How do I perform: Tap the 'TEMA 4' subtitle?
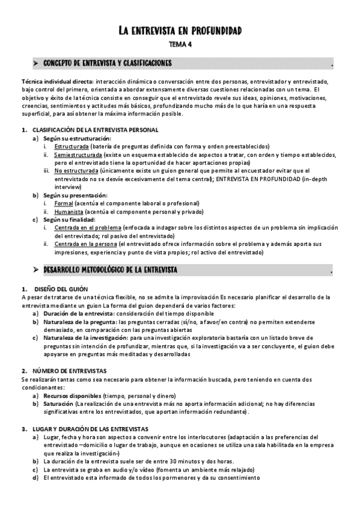point(180,45)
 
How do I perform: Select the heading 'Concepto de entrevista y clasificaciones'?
point(108,63)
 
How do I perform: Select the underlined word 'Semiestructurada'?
point(78,155)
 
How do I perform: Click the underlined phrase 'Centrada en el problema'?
point(88,228)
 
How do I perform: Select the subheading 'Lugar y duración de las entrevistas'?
point(90,428)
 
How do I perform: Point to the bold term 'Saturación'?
point(59,404)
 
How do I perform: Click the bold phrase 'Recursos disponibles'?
point(72,395)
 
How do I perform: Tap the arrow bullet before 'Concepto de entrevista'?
point(36,63)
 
